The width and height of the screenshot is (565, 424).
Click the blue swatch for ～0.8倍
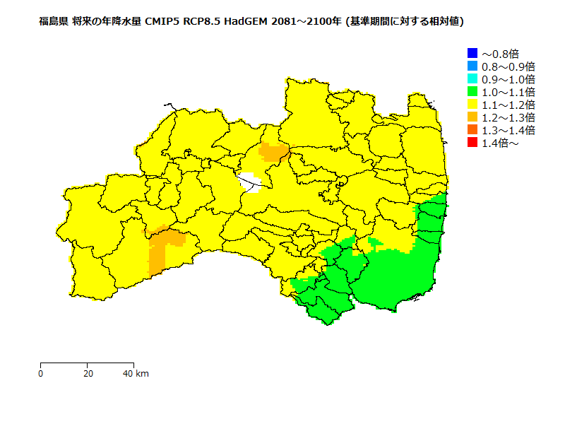tap(472, 53)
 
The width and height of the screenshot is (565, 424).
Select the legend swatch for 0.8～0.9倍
tap(472, 66)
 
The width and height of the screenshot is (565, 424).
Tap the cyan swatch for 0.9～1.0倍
tap(472, 78)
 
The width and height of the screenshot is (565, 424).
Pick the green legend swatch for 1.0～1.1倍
tap(472, 91)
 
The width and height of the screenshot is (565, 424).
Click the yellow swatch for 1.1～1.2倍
tap(472, 105)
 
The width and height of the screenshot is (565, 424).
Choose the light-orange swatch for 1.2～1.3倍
tap(472, 117)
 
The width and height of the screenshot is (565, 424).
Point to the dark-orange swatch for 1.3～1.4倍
tap(472, 130)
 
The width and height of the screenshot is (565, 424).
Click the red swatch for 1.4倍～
tap(472, 143)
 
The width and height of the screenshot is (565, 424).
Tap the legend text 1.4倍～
tap(500, 143)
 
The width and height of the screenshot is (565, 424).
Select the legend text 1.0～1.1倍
tap(508, 92)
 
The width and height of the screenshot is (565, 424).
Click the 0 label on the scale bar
tap(40, 373)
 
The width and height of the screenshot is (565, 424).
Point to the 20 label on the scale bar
tap(87, 373)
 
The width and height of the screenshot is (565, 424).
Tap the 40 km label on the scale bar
tap(136, 373)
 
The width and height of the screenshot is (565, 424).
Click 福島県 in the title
tap(54, 22)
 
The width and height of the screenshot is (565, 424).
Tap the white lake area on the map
tap(249, 182)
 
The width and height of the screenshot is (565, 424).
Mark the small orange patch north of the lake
tap(273, 151)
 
